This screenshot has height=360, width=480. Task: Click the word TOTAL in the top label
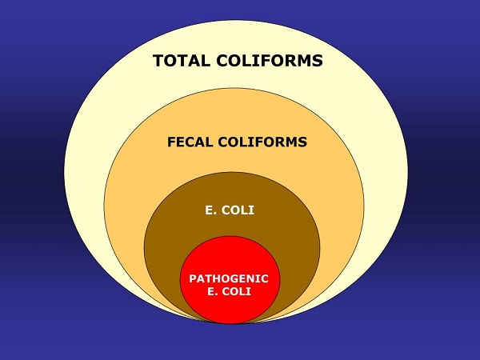coord(181,61)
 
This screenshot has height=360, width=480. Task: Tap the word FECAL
coord(190,142)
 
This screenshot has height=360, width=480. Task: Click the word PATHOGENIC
coord(229,278)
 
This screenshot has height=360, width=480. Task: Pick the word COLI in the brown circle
coord(240,213)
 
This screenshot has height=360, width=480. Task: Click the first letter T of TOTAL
coord(158,61)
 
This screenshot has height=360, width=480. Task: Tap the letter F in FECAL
coord(171,142)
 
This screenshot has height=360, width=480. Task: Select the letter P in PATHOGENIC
coord(192,278)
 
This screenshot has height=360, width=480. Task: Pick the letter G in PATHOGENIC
coord(234,278)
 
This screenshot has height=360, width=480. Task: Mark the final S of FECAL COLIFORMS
coord(303,142)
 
